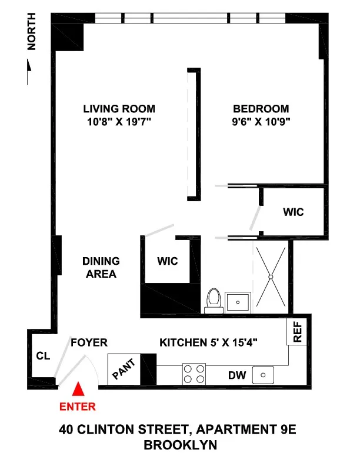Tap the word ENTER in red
[77, 406]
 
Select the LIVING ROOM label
[119, 109]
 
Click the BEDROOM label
[261, 109]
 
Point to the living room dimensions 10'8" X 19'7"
[119, 122]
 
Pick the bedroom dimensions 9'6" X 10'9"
[261, 122]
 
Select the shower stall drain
[271, 276]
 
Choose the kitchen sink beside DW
[263, 374]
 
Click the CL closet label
[42, 355]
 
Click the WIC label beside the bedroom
[293, 211]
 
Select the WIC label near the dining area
[168, 261]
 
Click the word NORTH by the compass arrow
[32, 35]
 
